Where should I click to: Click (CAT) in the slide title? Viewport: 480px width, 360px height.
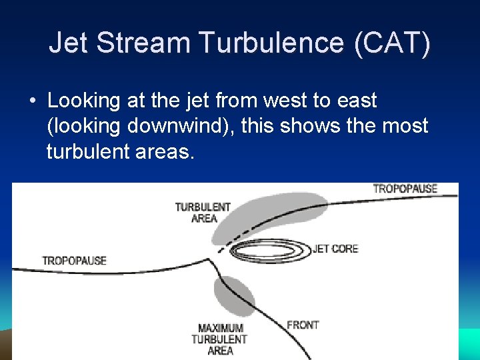point(393,43)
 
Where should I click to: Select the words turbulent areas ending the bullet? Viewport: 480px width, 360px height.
point(121,152)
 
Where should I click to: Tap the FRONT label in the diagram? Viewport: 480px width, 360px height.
point(303,325)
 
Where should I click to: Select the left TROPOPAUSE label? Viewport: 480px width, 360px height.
point(74,260)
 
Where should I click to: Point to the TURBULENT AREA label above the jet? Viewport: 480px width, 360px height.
point(203,212)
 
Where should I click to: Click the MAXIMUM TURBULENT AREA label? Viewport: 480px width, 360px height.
point(221,339)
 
